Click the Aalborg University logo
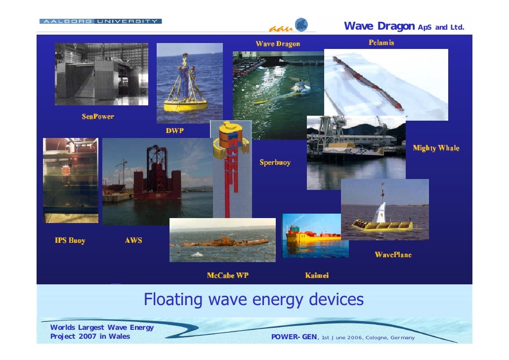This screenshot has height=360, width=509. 100,21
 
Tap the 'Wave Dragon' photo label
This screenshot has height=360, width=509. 278,44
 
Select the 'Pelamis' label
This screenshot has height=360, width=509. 381,43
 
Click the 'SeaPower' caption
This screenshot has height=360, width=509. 98,117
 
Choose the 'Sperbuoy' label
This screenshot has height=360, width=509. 275,162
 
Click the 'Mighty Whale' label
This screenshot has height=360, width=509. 436,148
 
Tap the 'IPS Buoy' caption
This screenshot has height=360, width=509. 70,240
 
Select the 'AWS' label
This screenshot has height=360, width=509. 133,240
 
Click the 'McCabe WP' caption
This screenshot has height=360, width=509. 227,275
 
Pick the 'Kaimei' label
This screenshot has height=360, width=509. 317,275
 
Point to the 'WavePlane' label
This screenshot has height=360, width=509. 393,255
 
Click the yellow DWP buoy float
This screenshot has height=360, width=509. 178,105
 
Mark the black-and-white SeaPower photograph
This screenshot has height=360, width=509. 101,74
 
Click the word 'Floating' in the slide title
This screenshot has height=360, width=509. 173,300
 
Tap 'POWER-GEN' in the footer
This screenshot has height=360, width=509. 295,337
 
